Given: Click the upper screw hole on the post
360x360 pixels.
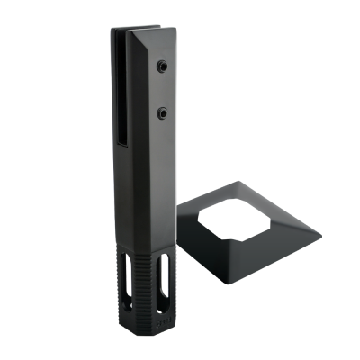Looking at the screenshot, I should (x=161, y=67).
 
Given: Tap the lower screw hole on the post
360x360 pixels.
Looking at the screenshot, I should (x=162, y=112).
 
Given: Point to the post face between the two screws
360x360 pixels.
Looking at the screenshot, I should (x=162, y=90).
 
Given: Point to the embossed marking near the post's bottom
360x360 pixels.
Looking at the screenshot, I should (x=162, y=317).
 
